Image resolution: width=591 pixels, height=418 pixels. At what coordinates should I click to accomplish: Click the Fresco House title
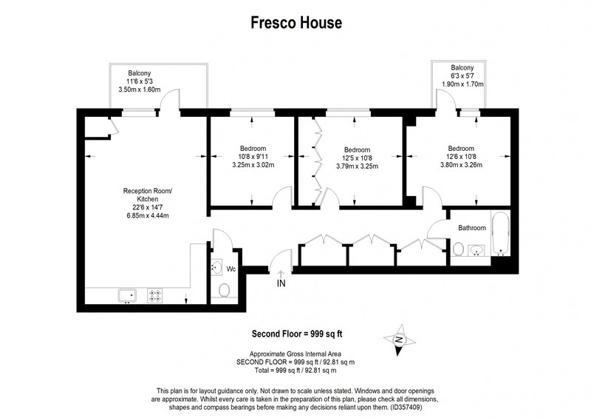296,23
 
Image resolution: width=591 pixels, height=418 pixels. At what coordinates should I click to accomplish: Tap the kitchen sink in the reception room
127,295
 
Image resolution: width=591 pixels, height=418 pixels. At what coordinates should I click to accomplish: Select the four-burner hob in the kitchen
154,295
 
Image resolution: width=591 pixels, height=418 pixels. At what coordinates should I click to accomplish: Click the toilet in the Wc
224,291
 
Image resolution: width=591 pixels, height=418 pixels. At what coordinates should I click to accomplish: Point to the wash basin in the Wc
216,268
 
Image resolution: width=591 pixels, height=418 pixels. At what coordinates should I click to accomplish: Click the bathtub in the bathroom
501,233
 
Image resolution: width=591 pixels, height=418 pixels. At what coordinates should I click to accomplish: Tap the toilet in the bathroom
458,249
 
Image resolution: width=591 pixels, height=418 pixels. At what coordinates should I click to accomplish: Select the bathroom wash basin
476,250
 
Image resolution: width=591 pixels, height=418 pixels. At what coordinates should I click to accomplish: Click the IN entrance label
281,283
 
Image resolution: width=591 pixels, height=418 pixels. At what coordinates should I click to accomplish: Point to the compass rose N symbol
399,340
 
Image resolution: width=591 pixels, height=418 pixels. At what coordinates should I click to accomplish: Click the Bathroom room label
472,228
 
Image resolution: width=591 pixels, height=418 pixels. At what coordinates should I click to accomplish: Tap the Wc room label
231,269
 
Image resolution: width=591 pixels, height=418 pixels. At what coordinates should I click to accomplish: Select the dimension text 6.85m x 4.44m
148,215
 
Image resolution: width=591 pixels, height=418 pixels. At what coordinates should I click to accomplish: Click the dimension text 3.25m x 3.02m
253,165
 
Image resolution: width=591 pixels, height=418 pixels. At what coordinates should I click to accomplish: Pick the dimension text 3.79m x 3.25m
358,166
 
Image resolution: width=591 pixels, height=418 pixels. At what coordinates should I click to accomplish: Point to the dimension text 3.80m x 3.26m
461,165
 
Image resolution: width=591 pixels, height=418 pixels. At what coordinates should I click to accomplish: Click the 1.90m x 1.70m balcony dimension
462,84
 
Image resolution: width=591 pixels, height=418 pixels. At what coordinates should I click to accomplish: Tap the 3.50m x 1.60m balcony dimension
140,90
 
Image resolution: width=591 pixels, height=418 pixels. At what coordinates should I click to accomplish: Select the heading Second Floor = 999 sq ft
297,334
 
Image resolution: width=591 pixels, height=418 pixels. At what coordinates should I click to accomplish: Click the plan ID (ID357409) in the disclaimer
407,408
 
